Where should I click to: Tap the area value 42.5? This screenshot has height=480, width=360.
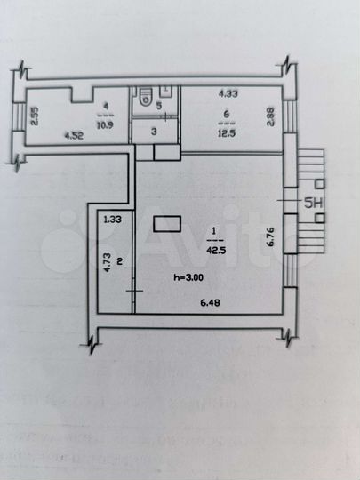214,249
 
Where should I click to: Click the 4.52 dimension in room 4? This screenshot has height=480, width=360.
74,135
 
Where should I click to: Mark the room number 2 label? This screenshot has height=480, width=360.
117,260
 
